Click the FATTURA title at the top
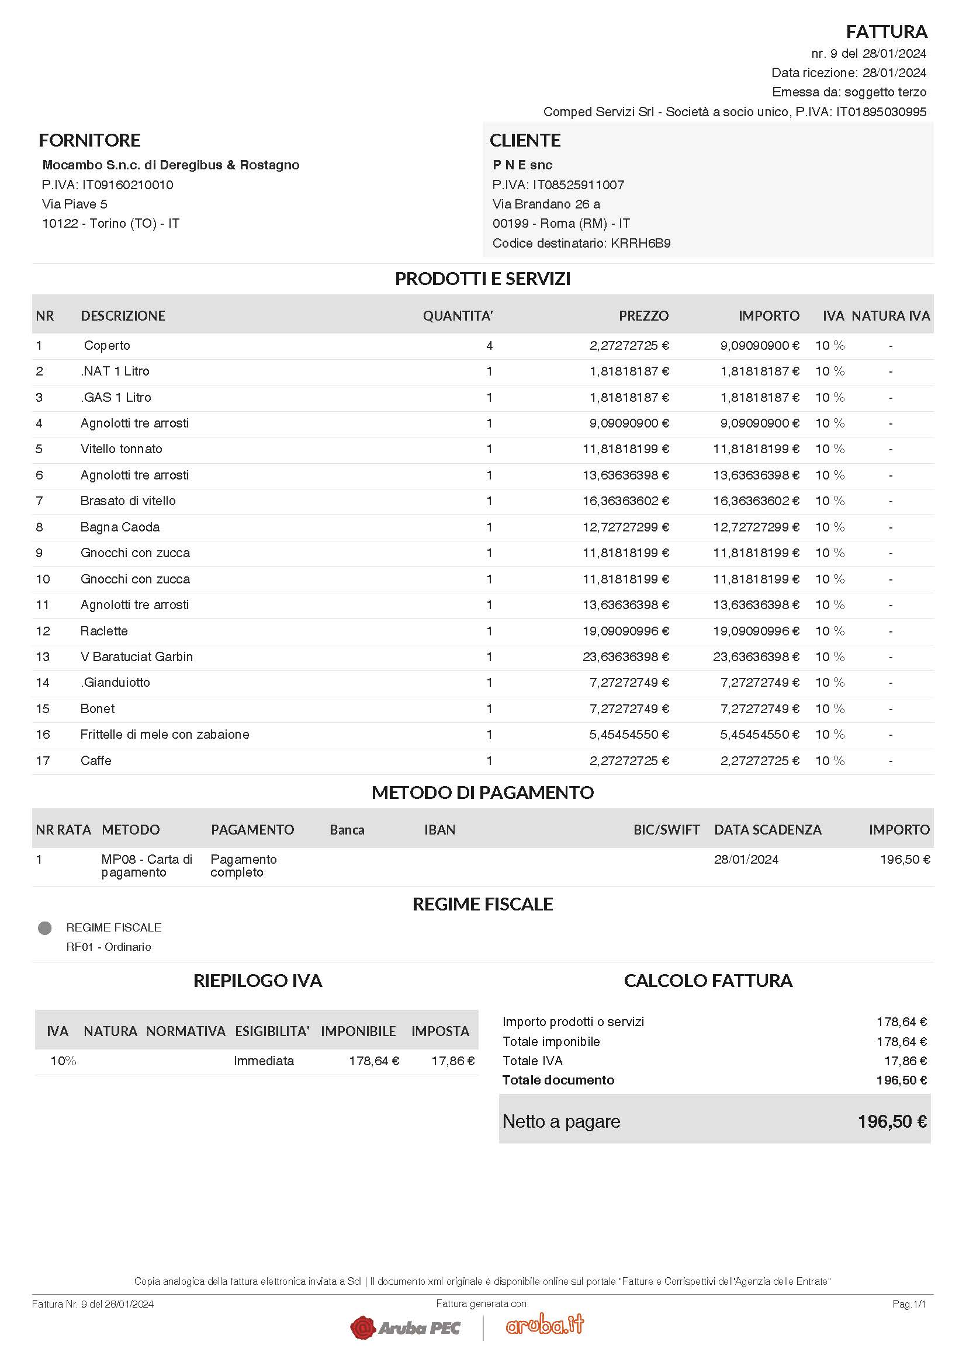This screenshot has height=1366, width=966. click(887, 31)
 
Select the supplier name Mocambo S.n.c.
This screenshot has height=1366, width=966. click(171, 165)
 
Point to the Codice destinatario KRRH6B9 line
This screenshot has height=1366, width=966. click(581, 243)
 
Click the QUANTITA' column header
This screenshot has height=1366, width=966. click(458, 315)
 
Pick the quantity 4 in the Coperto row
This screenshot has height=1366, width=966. click(489, 346)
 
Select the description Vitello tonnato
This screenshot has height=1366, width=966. click(122, 449)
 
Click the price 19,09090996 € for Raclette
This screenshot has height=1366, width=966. click(625, 631)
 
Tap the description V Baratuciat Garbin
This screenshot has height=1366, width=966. click(136, 656)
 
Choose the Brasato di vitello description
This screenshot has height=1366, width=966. click(128, 500)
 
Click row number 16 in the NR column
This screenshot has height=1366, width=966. click(43, 734)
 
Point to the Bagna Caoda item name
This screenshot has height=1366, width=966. click(120, 527)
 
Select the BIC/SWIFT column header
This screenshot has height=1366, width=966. click(666, 829)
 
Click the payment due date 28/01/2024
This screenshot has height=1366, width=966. click(746, 859)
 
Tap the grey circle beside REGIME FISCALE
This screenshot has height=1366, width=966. click(44, 927)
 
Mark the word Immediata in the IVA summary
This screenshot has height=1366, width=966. click(264, 1060)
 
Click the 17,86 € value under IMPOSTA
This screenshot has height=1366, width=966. click(452, 1060)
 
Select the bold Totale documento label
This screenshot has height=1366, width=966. click(558, 1080)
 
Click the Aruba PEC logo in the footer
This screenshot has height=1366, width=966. click(406, 1327)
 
